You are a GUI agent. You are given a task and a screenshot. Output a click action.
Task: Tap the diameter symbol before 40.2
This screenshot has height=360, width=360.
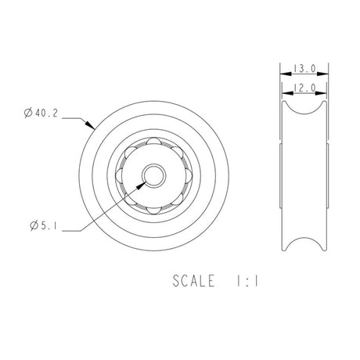click(x=28, y=114)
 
